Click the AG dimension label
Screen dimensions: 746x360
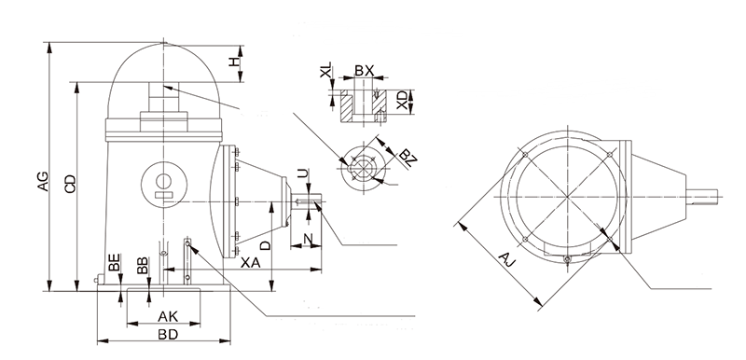click(x=43, y=180)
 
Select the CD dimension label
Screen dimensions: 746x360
click(x=71, y=184)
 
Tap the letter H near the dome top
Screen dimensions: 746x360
click(x=233, y=62)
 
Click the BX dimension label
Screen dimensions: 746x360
click(x=365, y=70)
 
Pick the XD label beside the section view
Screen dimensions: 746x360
click(x=403, y=101)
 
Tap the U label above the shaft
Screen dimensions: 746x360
click(x=302, y=173)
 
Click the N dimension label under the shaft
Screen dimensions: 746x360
click(x=308, y=239)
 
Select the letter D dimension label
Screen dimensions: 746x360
click(x=266, y=245)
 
